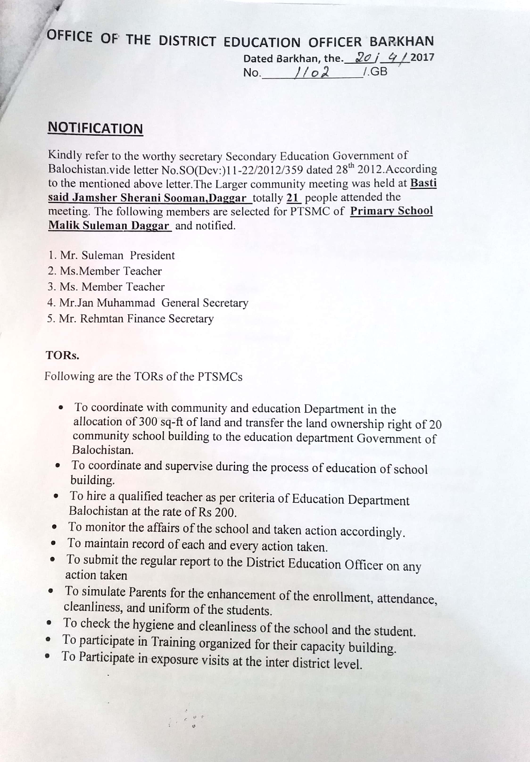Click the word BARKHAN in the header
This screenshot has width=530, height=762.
coord(401,41)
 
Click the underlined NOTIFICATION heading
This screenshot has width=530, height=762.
coord(95,128)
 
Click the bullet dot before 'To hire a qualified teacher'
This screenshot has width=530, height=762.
coord(57,497)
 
